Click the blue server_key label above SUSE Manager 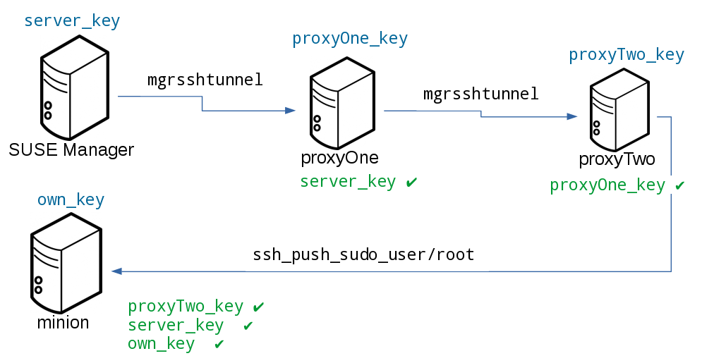click(72, 21)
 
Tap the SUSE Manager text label click(71, 149)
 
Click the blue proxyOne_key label click(350, 39)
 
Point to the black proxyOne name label click(339, 157)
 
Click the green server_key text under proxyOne click(348, 182)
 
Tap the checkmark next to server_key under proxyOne click(412, 183)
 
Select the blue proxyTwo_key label click(627, 55)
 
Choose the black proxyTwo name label click(617, 159)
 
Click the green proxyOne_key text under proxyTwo click(607, 185)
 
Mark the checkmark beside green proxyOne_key click(680, 186)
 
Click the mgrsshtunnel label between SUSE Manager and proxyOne click(205, 80)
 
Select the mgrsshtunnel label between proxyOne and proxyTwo click(480, 93)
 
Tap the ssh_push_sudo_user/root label click(363, 254)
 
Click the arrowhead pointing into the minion click(116, 271)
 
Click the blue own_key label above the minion click(71, 200)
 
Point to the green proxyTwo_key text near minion click(186, 307)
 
